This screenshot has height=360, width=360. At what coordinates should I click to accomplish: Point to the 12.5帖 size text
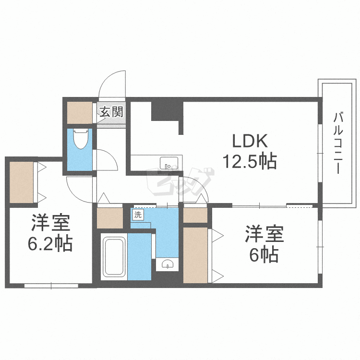[249, 162]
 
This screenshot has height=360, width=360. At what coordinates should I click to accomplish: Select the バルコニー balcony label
[336, 142]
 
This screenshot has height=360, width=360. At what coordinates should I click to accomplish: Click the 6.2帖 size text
[50, 244]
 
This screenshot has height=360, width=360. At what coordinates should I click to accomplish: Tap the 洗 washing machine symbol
[138, 215]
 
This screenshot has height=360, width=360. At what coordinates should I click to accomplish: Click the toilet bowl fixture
[81, 139]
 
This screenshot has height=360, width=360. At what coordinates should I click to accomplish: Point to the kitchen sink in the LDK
[168, 163]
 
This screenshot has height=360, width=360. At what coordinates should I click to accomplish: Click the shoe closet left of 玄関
[79, 112]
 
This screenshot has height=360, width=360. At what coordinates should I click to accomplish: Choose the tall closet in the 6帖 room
[195, 255]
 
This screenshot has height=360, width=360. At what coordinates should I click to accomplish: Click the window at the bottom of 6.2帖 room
[51, 285]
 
